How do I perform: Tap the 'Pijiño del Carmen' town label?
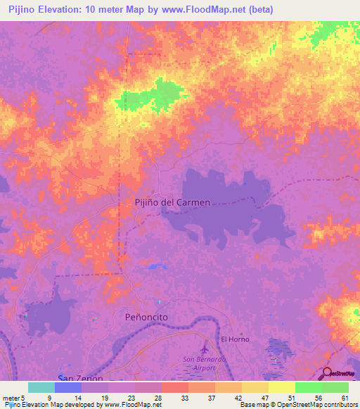172,202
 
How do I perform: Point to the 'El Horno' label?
235,339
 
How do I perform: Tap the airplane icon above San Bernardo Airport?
205,349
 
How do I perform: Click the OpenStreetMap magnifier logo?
328,374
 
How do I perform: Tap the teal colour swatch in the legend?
41,387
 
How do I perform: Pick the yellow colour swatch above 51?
281,387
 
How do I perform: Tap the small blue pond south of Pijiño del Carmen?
155,266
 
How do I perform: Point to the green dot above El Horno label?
240,333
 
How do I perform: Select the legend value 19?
105,398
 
